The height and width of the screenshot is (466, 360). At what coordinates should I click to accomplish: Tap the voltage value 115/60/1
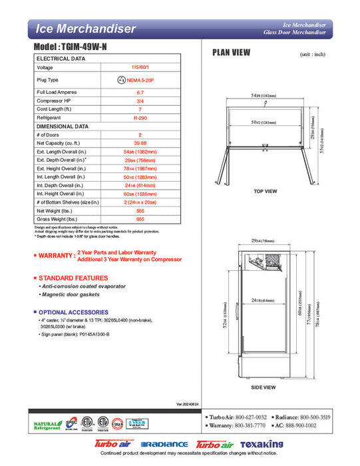[140, 67]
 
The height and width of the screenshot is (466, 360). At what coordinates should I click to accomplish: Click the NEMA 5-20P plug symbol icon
[121, 79]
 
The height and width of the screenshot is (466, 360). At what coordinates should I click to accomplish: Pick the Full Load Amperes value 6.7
[140, 92]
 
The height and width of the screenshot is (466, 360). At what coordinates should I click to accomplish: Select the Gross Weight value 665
[140, 218]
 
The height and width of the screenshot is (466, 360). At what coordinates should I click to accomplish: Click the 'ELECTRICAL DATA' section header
[61, 59]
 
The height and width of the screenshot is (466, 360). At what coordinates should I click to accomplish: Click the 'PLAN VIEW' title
[231, 53]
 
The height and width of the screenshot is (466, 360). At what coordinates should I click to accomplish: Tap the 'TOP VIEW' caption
[266, 191]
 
